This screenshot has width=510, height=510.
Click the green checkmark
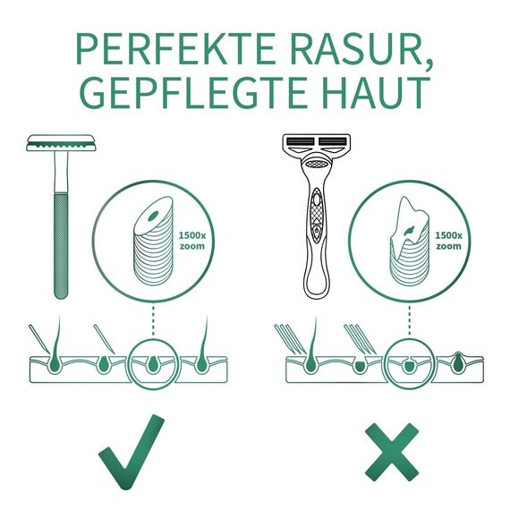tap(132, 457)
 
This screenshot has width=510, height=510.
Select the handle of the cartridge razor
tap(316, 242)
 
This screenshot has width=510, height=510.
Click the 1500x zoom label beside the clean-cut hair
tap(192, 240)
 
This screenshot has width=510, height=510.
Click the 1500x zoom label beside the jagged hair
tap(447, 240)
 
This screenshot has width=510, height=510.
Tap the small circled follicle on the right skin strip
tap(407, 362)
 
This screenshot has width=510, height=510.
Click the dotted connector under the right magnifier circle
tap(409, 318)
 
